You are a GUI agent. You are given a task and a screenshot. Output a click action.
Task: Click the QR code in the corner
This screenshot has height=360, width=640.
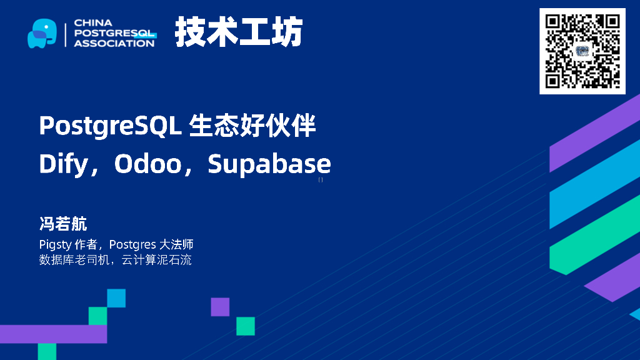point(582,51)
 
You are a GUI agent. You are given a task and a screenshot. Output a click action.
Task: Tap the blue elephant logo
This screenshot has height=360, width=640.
point(42,33)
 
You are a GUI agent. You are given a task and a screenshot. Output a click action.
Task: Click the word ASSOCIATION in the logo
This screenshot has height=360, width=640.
point(114,43)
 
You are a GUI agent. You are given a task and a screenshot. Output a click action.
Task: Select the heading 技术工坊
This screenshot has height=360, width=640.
point(239,31)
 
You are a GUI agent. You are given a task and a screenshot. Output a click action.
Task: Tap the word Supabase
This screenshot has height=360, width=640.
point(269,164)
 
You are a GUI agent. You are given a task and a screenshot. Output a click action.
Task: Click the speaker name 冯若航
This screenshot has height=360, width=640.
point(63,224)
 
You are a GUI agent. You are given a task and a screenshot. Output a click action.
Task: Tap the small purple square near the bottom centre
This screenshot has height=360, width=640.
point(220,307)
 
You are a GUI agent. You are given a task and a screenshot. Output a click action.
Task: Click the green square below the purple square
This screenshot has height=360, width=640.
point(245,326)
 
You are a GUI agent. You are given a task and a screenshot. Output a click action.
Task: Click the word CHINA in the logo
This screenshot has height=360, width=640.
point(93,22)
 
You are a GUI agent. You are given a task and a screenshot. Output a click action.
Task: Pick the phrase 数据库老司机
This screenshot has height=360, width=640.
point(72,259)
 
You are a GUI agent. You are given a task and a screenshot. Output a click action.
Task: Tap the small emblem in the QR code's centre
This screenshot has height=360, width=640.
point(582,51)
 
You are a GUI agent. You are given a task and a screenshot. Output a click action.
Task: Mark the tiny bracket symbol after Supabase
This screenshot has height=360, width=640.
point(321,180)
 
